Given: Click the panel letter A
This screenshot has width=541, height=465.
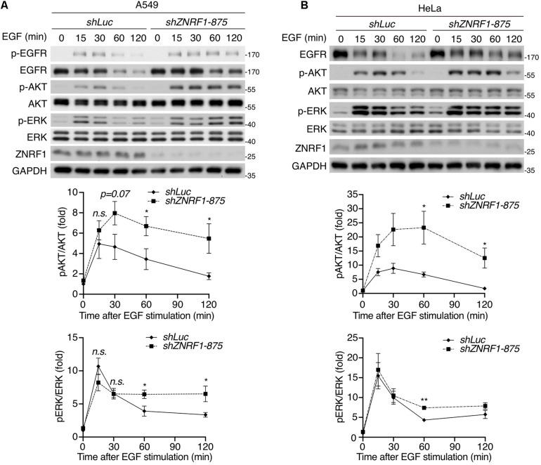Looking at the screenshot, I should (6, 6).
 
